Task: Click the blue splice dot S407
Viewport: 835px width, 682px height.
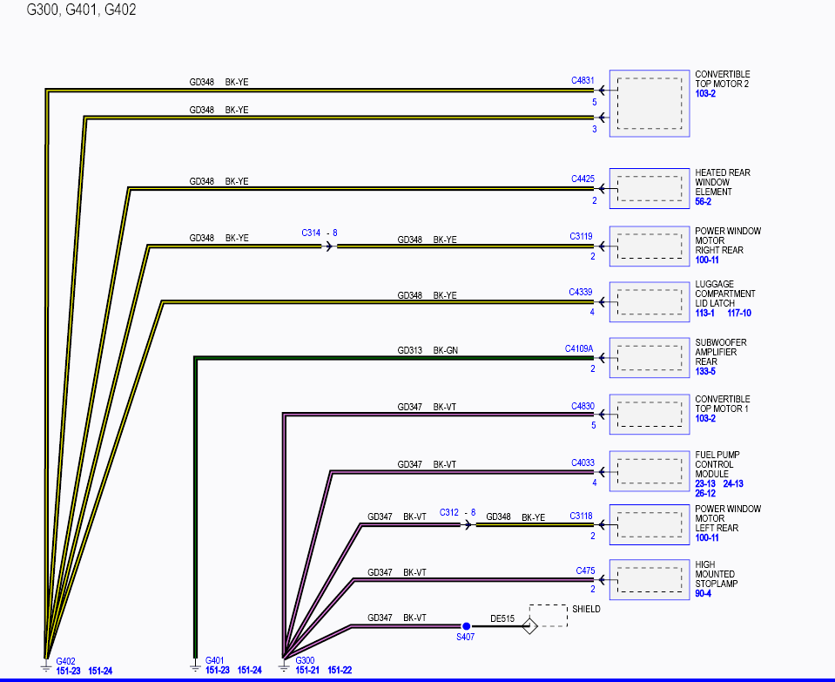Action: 466,626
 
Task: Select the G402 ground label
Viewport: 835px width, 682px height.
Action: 65,661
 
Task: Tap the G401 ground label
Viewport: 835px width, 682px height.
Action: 214,660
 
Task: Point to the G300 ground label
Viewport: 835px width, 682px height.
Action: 305,660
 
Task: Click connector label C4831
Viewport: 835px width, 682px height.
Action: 582,80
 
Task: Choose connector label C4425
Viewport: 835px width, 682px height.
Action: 582,179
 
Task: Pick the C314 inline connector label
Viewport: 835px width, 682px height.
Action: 311,233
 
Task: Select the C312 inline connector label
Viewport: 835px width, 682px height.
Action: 449,512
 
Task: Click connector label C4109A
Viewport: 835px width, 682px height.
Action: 579,348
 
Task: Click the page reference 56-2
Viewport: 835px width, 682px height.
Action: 703,201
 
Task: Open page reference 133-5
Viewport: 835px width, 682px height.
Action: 705,371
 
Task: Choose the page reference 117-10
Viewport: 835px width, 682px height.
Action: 739,313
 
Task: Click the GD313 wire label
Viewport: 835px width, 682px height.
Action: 409,350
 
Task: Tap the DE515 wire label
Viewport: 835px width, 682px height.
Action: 502,618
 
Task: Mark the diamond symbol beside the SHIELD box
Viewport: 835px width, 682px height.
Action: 530,626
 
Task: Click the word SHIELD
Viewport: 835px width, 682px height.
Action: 586,609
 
